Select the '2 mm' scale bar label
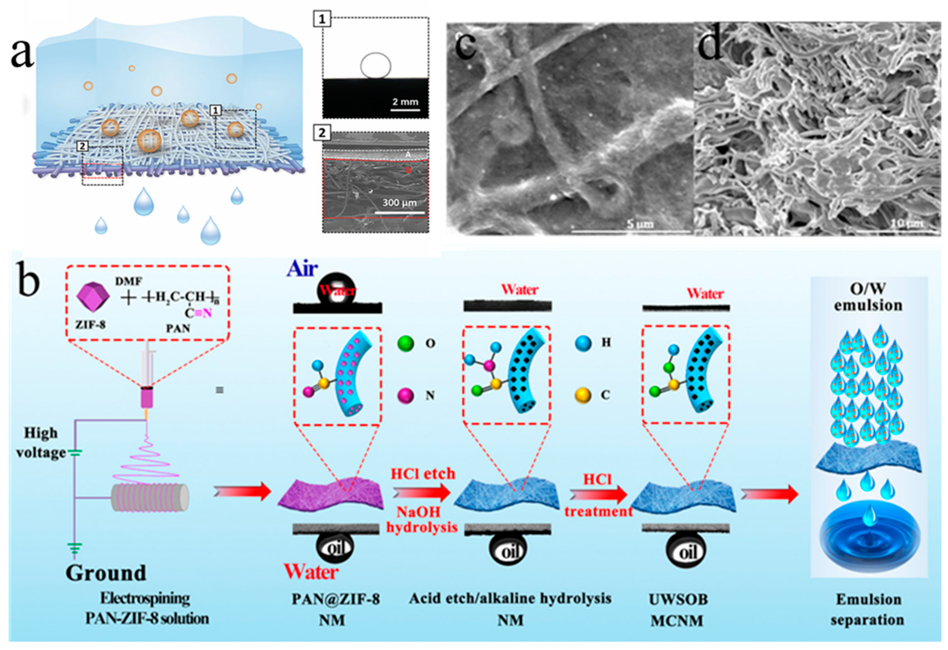click(405, 102)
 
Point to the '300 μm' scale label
click(399, 202)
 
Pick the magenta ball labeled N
click(405, 395)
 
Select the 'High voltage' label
click(41, 442)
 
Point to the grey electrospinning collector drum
click(150, 498)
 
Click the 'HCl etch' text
click(423, 473)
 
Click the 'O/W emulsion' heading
click(868, 297)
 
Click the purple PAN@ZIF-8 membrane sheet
click(331, 494)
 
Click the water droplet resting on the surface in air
click(337, 290)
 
